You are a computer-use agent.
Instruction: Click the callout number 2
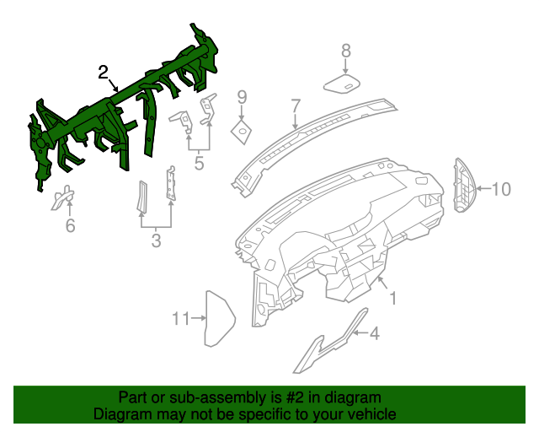[102, 72]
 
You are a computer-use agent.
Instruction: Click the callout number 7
[296, 106]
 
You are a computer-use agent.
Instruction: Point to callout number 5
[199, 163]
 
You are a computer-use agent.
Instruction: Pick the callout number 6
[70, 225]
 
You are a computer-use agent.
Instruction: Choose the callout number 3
[156, 243]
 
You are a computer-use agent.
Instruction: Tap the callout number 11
[179, 318]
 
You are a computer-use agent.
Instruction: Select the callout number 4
[374, 334]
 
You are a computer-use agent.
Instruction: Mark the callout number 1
[392, 298]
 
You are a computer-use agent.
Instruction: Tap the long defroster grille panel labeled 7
[312, 135]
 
